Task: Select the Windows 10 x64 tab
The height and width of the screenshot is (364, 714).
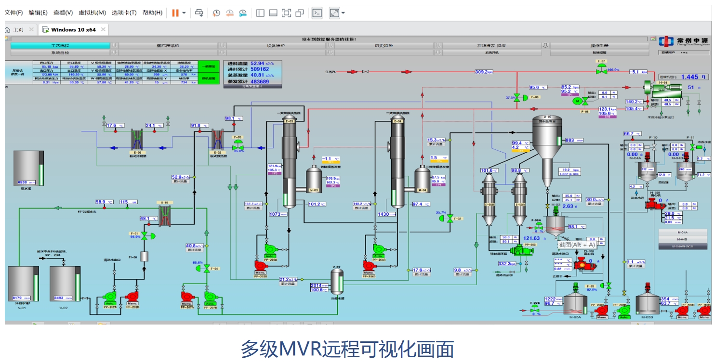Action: [x=73, y=29]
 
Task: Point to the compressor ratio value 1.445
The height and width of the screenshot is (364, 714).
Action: [x=689, y=77]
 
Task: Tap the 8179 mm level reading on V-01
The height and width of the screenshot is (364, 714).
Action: [x=20, y=298]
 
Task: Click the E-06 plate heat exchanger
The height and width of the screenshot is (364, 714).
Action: [x=138, y=139]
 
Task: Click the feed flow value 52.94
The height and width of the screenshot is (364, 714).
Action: [x=257, y=64]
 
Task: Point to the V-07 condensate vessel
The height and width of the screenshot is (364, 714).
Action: [x=337, y=281]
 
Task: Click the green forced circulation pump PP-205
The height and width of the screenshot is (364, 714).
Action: [x=518, y=250]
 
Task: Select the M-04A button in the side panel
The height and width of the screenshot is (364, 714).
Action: [x=682, y=233]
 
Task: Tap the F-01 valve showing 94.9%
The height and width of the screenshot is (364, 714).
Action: [x=144, y=235]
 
